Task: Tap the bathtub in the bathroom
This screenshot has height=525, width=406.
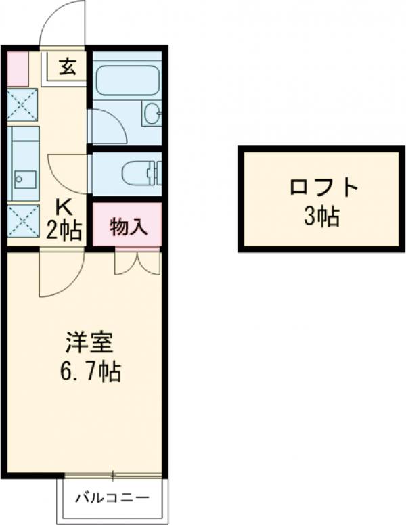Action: coord(127,80)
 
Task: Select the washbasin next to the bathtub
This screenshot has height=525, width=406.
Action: coord(152,113)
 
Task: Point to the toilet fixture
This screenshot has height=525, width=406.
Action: coord(140,173)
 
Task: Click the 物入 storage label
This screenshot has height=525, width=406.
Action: coord(127,226)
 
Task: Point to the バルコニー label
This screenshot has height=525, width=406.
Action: coord(112,499)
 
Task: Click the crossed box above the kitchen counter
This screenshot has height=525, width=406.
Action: coord(24,105)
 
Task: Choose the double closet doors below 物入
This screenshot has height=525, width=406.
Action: coord(137,262)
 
